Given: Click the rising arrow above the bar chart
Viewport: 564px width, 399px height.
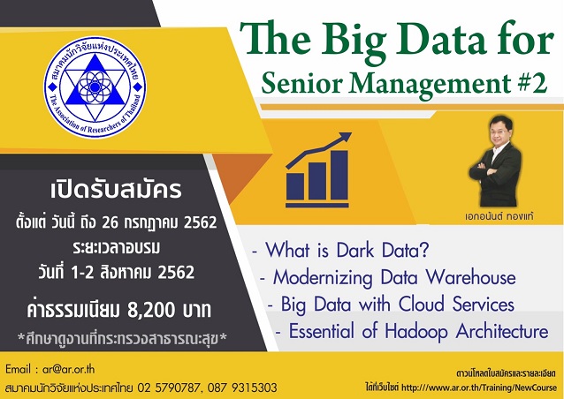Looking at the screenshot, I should (322, 149).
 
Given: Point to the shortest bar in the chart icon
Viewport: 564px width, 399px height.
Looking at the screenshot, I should (296, 185).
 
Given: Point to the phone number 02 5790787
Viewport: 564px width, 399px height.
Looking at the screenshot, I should (171, 387).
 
